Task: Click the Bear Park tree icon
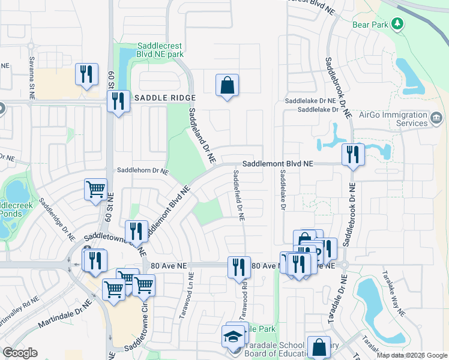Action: tap(396, 23)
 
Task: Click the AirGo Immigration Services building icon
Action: tap(437, 119)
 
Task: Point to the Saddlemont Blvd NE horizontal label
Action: tap(278, 163)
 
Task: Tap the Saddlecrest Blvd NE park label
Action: tap(160, 50)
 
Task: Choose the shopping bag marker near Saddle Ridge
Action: tap(228, 85)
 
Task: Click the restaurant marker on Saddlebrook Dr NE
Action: tap(352, 155)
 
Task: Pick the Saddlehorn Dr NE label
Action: tap(143, 171)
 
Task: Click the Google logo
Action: tap(20, 353)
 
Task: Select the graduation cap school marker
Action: tap(234, 338)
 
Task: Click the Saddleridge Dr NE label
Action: tap(58, 217)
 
